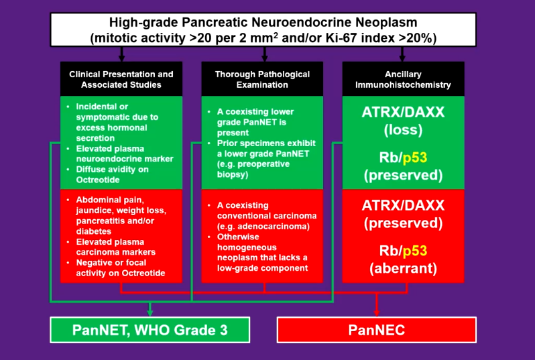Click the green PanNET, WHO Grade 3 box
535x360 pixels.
click(150, 330)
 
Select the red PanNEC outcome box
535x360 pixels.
click(377, 330)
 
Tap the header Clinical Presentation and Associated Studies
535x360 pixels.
click(121, 79)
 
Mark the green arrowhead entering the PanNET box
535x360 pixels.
click(150, 312)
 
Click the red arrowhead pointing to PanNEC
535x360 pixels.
click(377, 312)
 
